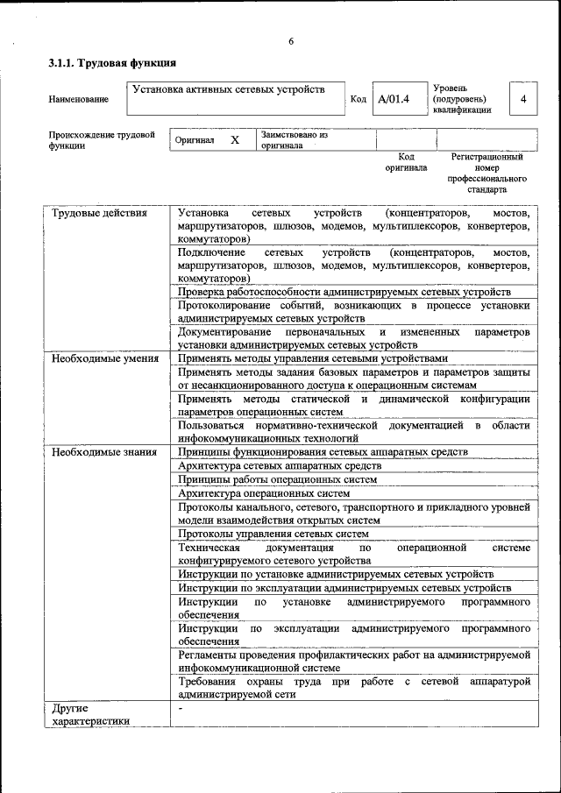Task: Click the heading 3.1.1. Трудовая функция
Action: [112, 63]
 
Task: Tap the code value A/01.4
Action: [394, 99]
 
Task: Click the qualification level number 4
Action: [522, 99]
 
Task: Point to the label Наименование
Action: [79, 100]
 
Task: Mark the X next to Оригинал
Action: [235, 140]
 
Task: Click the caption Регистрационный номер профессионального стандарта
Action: [486, 173]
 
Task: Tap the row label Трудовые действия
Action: [99, 213]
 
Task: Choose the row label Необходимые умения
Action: [105, 358]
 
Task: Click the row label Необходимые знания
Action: [104, 452]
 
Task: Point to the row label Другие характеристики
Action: [90, 714]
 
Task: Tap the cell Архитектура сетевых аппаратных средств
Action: [279, 465]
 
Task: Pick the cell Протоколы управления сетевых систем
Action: [273, 533]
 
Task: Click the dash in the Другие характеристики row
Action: [180, 707]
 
